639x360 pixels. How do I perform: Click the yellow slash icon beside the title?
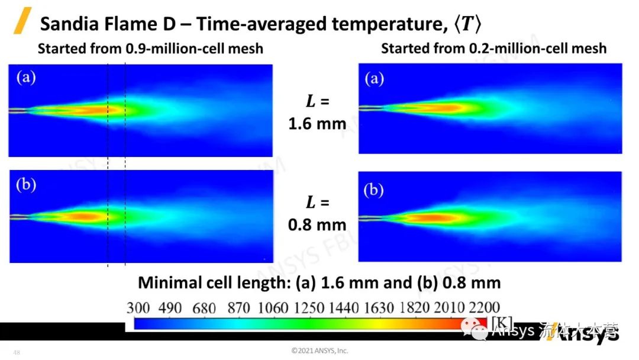pyautogui.click(x=22, y=21)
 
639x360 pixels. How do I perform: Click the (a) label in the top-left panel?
pyautogui.click(x=25, y=78)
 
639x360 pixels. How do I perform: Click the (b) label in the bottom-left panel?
pyautogui.click(x=25, y=184)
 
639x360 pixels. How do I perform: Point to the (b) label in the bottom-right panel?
pyautogui.click(x=374, y=190)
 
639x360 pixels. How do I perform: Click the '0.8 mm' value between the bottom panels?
pyautogui.click(x=317, y=224)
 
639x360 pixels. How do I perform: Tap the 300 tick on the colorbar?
pyautogui.click(x=138, y=307)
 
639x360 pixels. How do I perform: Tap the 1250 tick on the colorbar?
pyautogui.click(x=307, y=307)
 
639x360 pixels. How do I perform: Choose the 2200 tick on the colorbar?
pyautogui.click(x=483, y=307)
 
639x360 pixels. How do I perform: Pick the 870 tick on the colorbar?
pyautogui.click(x=230, y=307)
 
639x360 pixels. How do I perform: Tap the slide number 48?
pyautogui.click(x=17, y=353)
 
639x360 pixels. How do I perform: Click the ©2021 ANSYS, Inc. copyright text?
pyautogui.click(x=319, y=351)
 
